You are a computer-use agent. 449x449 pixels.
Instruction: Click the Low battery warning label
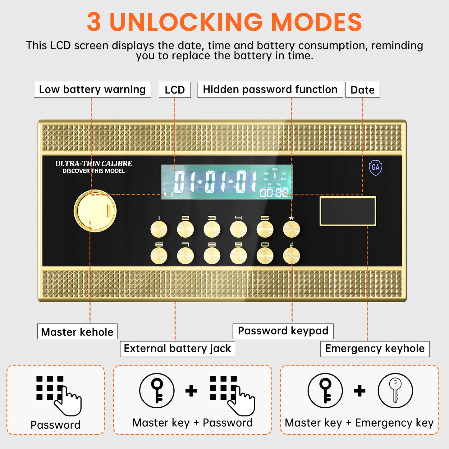pos(92,90)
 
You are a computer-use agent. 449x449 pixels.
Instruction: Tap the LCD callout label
pos(175,90)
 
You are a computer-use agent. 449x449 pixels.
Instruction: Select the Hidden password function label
pos(270,90)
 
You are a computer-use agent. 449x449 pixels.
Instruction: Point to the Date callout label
pos(362,90)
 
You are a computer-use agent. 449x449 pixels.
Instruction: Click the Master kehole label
pos(77,332)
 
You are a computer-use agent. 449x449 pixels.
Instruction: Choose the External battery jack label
pos(177,349)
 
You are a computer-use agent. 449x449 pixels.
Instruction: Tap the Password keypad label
pos(283,331)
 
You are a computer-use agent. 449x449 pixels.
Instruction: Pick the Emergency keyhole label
pos(375,349)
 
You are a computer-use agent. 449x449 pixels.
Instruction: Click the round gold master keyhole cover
pos(95,211)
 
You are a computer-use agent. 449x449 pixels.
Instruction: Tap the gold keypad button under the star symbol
pos(291,229)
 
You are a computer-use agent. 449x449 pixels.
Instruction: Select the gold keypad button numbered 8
pos(212,256)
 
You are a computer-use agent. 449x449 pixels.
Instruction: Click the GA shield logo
pos(375,168)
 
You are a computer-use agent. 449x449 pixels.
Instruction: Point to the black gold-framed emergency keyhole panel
pos(348,211)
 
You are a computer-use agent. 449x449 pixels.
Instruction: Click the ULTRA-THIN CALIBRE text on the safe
pos(94,163)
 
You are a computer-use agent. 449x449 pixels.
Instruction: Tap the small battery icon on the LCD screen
pos(169,194)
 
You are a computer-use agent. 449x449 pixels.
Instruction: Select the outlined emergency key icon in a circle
pos(395,391)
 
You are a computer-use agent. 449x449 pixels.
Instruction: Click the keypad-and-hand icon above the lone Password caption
pos(58,395)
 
